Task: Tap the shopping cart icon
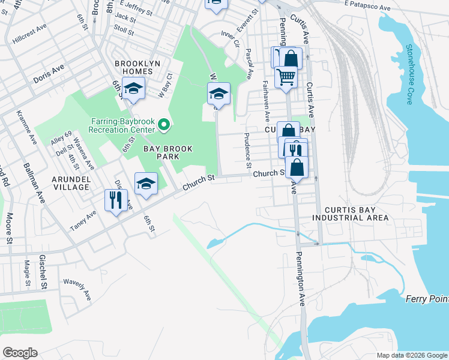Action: (x=286, y=77)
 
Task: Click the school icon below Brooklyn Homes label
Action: (x=134, y=89)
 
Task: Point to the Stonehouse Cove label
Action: (x=409, y=74)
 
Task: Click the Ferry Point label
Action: (x=427, y=299)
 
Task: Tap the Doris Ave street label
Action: (x=49, y=74)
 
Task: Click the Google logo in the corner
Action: (x=20, y=353)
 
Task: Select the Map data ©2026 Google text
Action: (x=411, y=355)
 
